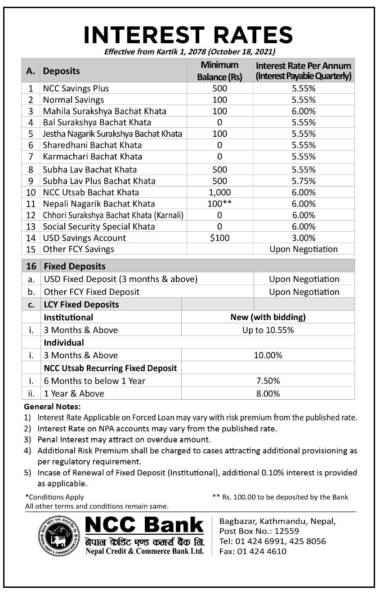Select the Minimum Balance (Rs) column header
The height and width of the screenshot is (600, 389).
pyautogui.click(x=219, y=71)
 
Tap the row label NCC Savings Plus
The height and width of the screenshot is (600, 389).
pyautogui.click(x=76, y=88)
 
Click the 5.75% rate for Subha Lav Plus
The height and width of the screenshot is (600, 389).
pyautogui.click(x=304, y=181)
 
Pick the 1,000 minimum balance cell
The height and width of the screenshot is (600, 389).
pyautogui.click(x=219, y=192)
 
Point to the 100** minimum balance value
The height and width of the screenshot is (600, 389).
pyautogui.click(x=219, y=204)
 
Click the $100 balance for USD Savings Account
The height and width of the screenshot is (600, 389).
pyautogui.click(x=219, y=238)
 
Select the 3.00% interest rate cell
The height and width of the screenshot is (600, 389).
pyautogui.click(x=304, y=238)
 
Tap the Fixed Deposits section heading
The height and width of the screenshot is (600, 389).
pyautogui.click(x=74, y=266)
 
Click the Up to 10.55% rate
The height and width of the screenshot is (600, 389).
pyautogui.click(x=268, y=330)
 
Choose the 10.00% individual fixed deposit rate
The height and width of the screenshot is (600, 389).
pyautogui.click(x=268, y=355)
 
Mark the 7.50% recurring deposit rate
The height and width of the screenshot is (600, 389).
pyautogui.click(x=268, y=381)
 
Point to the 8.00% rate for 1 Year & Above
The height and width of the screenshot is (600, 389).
pyautogui.click(x=268, y=393)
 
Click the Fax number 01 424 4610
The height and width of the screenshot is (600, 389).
pyautogui.click(x=253, y=551)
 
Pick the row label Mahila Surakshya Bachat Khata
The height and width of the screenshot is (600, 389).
pyautogui.click(x=104, y=111)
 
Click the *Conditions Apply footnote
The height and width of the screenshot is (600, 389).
pyautogui.click(x=54, y=497)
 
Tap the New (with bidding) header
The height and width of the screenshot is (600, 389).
pyautogui.click(x=268, y=317)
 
